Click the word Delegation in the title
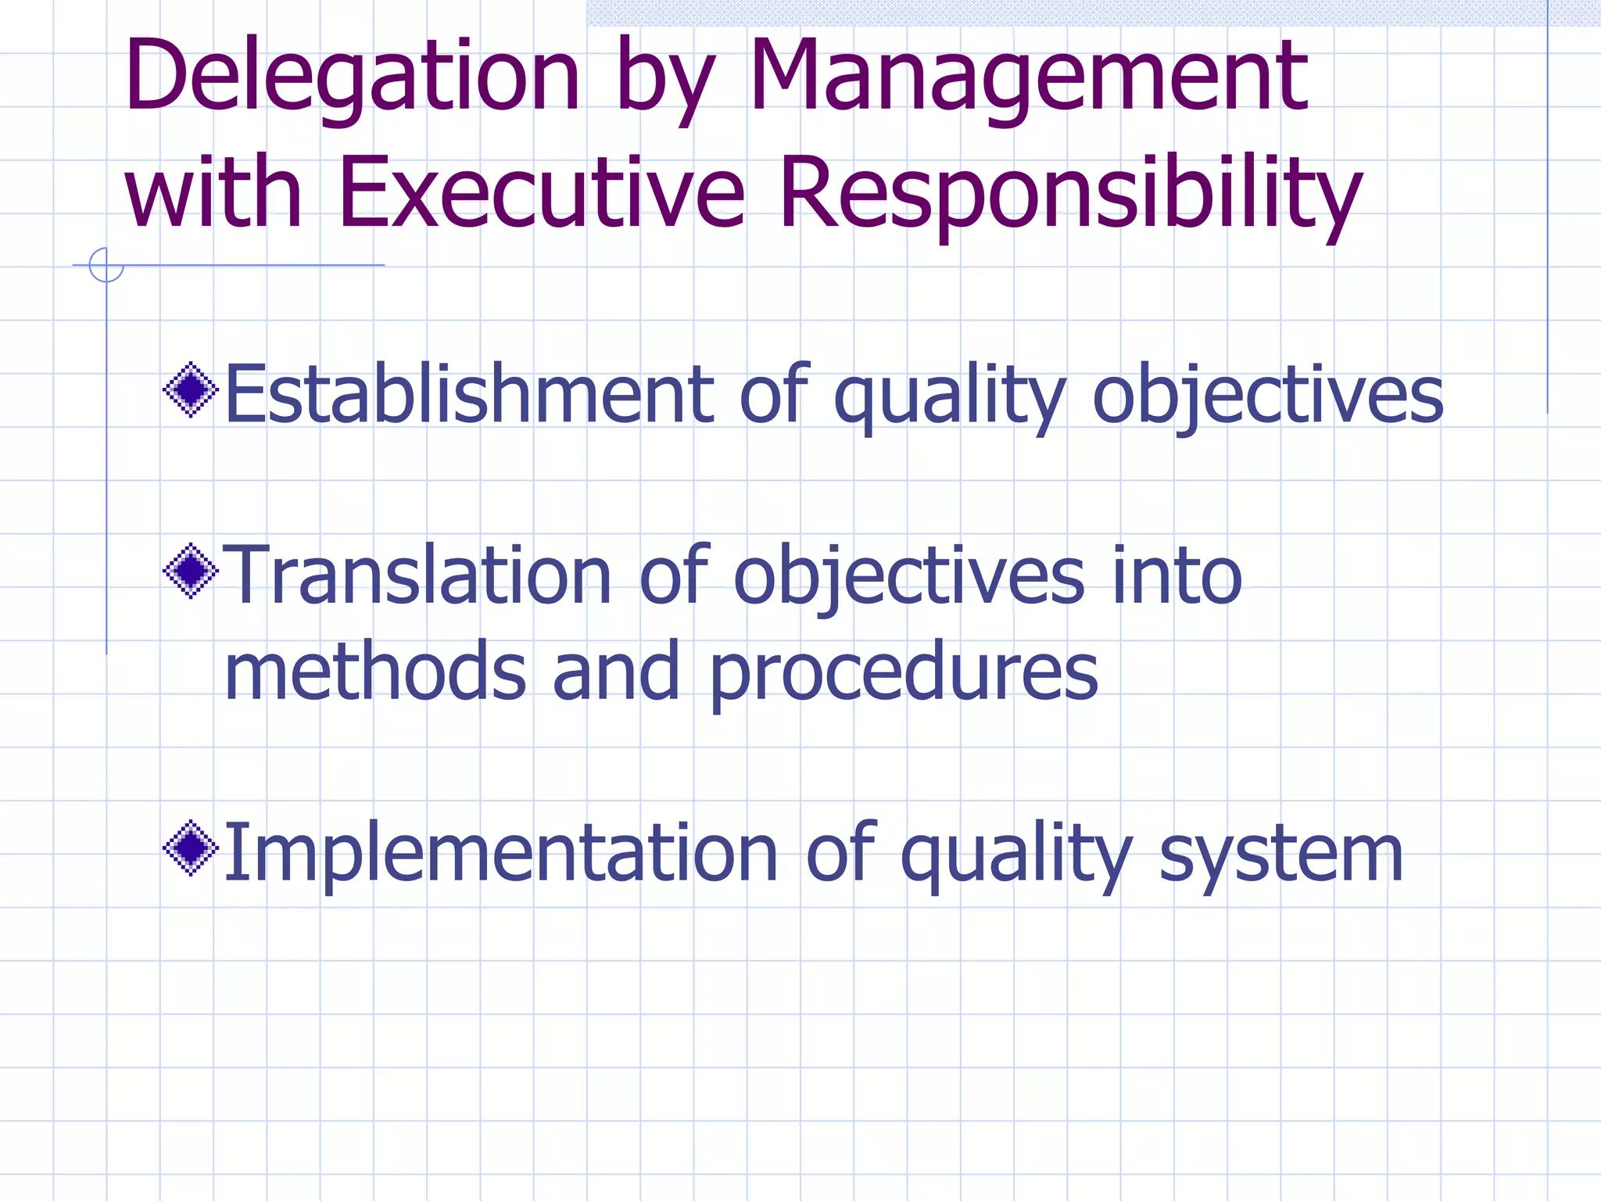point(352,78)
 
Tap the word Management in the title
point(1028,78)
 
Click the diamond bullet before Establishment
point(190,389)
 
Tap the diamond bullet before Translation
point(190,571)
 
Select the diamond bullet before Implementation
point(190,848)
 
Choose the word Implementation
point(500,854)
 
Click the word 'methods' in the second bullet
point(375,672)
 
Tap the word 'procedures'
point(903,672)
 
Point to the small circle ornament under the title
point(106,265)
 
